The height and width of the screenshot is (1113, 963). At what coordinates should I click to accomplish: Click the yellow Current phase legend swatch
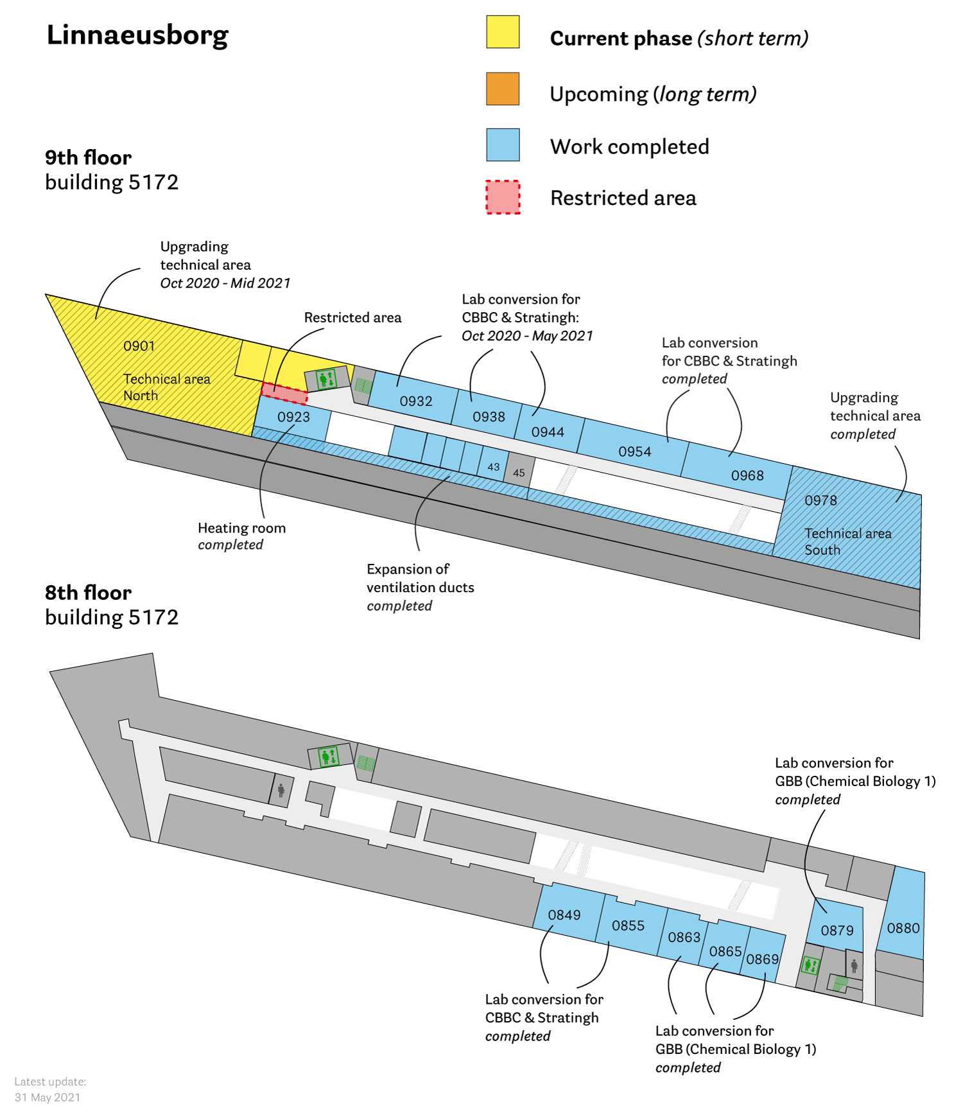click(x=503, y=32)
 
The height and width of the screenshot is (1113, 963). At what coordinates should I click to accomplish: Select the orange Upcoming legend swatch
click(x=503, y=89)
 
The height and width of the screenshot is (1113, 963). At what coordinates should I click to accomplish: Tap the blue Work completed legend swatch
click(x=503, y=145)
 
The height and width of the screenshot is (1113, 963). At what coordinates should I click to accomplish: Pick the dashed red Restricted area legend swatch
click(x=503, y=197)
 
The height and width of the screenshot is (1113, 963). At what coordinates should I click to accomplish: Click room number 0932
click(x=416, y=401)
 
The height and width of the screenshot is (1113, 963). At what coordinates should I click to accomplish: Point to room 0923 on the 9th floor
click(x=293, y=417)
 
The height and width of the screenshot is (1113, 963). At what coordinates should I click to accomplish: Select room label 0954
click(x=635, y=451)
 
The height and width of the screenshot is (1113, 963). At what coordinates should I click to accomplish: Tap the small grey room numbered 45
click(x=519, y=473)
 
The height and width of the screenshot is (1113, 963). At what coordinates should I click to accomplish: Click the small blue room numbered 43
click(x=493, y=467)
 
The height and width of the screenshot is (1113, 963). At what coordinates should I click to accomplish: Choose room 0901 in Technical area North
click(x=139, y=346)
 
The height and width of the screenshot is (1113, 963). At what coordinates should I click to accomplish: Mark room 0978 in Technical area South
click(x=821, y=500)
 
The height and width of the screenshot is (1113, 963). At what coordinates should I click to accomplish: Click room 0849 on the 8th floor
click(x=564, y=915)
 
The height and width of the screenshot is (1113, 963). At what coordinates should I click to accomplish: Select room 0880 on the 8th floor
click(x=903, y=928)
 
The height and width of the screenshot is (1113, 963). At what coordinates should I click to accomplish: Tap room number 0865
click(x=725, y=951)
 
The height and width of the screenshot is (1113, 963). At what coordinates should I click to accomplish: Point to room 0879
click(x=837, y=931)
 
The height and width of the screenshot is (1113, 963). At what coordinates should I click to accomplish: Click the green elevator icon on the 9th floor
click(x=327, y=379)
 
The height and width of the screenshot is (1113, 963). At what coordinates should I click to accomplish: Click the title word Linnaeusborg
click(x=137, y=35)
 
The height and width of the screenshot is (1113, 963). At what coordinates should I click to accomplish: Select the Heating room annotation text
click(x=241, y=528)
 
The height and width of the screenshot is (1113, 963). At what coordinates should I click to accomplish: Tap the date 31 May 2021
click(x=48, y=1097)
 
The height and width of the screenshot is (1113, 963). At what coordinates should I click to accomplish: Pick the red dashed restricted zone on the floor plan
click(x=284, y=393)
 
